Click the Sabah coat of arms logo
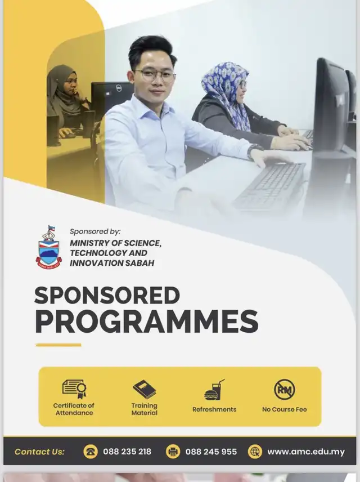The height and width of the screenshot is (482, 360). coord(48,247)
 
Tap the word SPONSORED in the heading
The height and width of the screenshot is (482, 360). coord(107,296)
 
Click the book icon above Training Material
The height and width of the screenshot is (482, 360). coord(145,390)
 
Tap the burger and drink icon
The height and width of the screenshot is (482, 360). coord(214,390)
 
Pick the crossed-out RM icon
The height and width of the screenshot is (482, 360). coord(285,390)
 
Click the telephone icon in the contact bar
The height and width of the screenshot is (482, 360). coord(91,452)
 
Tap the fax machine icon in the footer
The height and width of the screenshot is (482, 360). coord(173,452)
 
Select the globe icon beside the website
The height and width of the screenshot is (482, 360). coord(255,452)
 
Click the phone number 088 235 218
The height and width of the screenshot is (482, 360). coord(127,452)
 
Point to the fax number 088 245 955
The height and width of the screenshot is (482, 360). coord(211,452)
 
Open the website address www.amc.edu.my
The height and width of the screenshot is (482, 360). coord(306,452)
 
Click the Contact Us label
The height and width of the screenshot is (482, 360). coord(39,452)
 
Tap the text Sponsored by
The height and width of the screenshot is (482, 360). coord(95,231)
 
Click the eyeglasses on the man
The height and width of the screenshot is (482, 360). coord(155,75)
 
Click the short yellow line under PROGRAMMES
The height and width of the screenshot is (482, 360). coord(58,345)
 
